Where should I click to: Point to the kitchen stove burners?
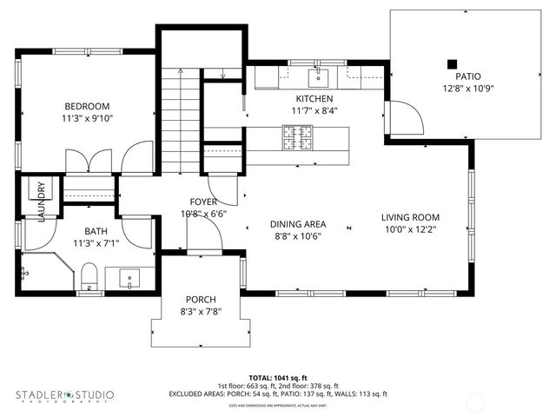tap(295, 136)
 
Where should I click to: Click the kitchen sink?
tap(318, 77)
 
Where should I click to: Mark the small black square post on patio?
tap(452, 63)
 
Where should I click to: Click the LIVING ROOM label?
tap(410, 217)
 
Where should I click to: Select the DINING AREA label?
tap(298, 223)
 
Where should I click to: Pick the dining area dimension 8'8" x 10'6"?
tap(298, 235)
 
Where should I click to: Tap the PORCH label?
tap(201, 299)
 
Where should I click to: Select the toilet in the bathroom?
tap(88, 276)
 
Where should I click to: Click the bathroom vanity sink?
tap(129, 279)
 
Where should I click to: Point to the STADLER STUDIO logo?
tap(64, 396)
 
